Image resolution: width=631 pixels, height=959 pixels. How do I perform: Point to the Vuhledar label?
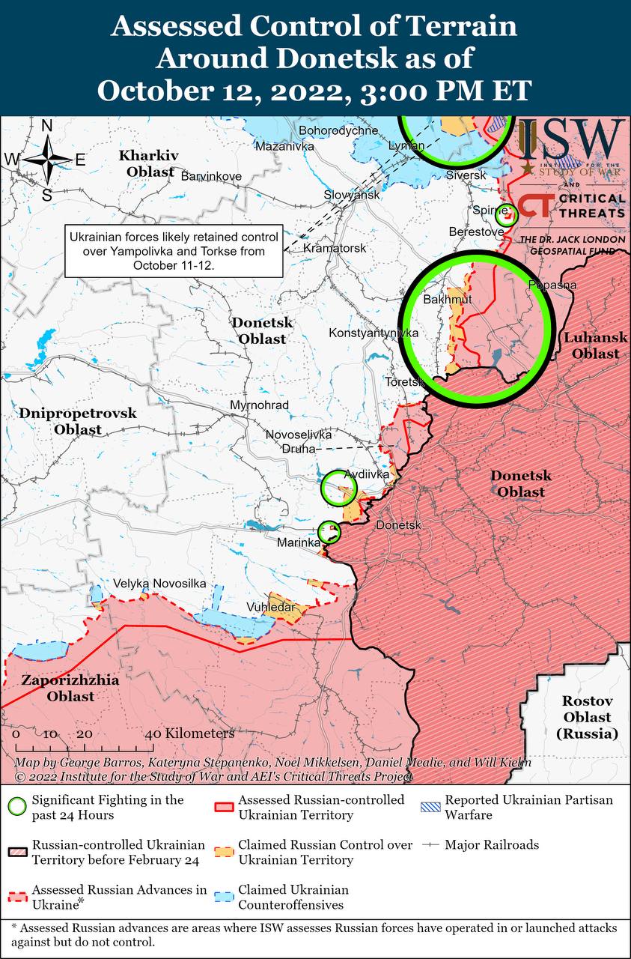271,607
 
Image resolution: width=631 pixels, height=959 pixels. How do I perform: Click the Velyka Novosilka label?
159,583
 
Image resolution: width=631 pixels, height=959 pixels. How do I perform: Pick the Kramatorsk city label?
335,247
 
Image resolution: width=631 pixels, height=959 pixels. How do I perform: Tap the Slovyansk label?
352,195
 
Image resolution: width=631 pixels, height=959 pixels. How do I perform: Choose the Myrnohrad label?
260,405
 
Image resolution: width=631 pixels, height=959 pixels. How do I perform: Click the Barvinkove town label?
212,176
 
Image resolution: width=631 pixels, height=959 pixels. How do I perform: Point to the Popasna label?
552,285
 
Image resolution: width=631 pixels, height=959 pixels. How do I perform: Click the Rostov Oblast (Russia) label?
588,717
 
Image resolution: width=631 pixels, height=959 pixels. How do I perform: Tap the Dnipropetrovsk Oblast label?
78,421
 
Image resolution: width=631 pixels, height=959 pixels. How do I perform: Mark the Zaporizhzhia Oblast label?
59,689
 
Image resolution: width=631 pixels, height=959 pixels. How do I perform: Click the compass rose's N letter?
46,126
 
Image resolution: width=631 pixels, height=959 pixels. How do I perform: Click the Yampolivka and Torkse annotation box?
173,251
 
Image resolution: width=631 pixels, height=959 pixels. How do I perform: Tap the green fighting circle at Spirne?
507,216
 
